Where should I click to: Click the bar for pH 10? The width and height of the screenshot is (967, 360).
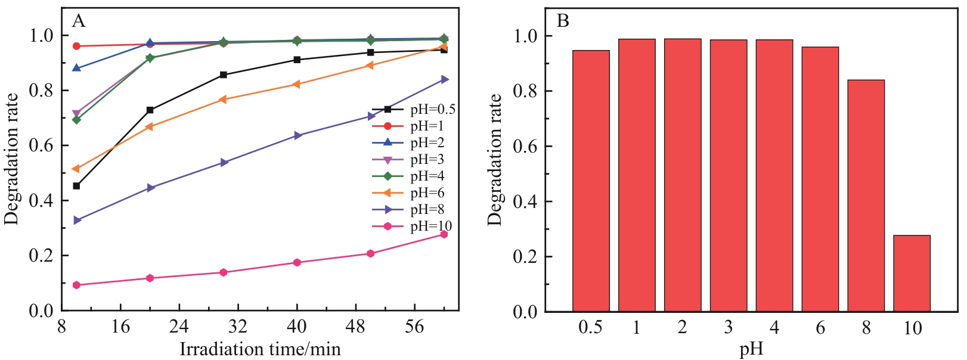tap(911, 273)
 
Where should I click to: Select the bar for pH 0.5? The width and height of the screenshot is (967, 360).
tap(590, 181)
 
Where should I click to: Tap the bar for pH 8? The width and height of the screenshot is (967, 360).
tap(865, 195)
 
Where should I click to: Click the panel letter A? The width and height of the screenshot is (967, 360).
tap(78, 21)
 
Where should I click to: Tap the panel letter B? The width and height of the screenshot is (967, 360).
tap(562, 21)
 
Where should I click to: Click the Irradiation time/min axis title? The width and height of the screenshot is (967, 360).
tap(260, 349)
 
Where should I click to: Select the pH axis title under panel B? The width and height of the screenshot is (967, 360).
tap(751, 349)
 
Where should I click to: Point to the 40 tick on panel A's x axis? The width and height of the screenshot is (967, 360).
tap(296, 327)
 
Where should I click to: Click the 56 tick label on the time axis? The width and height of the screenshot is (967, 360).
tap(414, 327)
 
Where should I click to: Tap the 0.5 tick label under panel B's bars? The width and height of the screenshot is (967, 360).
tap(590, 328)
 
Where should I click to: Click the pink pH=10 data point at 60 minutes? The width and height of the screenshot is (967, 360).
tap(444, 234)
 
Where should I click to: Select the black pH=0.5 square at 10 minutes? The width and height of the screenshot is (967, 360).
tap(76, 186)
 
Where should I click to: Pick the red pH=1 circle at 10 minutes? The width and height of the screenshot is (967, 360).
tap(76, 46)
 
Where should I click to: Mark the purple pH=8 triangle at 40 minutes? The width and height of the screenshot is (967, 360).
tap(297, 136)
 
